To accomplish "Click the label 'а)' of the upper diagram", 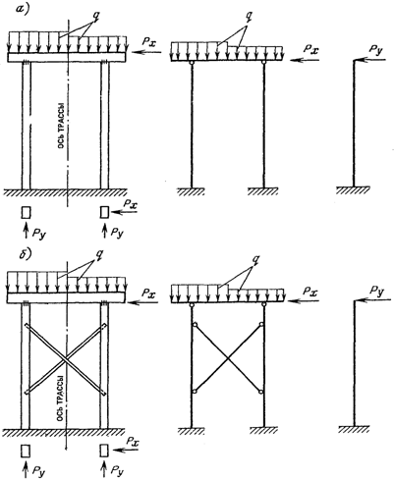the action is (x=23, y=9).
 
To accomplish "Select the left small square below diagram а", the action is (x=26, y=213).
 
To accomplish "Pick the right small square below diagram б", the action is (x=104, y=451).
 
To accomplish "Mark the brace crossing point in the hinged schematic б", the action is (x=228, y=358).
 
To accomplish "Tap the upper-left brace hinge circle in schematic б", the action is (x=195, y=325).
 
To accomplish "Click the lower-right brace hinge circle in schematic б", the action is (x=261, y=392).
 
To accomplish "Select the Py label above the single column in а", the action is (x=375, y=51).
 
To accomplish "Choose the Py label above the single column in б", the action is (x=376, y=291).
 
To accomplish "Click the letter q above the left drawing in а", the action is (x=95, y=17).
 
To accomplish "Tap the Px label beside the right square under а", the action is (x=131, y=203).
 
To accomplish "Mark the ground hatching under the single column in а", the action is (x=353, y=190).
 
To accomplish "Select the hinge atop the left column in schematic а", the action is (x=192, y=63).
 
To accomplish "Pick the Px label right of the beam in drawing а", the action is (x=149, y=41).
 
